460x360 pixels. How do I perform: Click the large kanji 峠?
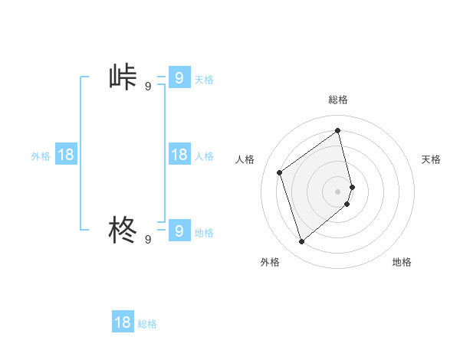pos(123,78)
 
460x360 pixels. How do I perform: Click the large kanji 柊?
pos(123,229)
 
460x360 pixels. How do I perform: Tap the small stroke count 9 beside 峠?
pos(148,87)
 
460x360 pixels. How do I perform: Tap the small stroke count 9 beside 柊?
pos(148,240)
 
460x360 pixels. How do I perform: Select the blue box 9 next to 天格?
pos(179,77)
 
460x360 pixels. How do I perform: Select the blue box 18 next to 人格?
pos(179,155)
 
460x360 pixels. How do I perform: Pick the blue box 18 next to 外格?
pos(66,155)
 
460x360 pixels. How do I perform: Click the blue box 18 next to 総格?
pos(123,322)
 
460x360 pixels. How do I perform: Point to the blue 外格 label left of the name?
pos(41,156)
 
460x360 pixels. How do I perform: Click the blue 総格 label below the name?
pos(147,324)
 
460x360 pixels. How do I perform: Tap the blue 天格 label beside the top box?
pos(204,79)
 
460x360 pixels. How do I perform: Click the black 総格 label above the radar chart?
pos(338,100)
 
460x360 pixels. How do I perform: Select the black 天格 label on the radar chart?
pos(432,159)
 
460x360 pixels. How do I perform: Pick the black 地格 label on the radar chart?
pos(402,262)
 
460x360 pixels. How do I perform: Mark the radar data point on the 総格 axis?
pos(338,130)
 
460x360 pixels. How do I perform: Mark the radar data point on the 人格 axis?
pos(280,172)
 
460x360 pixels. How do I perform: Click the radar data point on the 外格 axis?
pos(301,242)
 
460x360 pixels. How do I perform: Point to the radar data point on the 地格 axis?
pos(347,204)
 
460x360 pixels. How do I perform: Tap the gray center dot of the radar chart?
pos(338,191)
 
